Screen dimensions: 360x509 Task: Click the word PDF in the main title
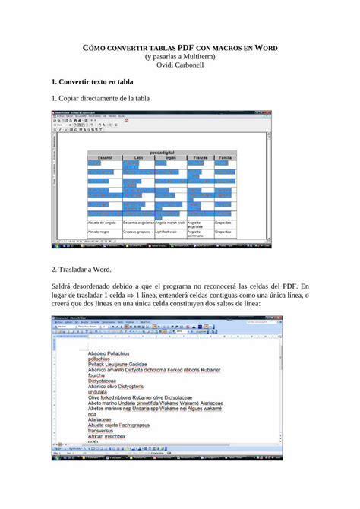186,47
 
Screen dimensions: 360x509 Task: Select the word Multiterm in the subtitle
200,57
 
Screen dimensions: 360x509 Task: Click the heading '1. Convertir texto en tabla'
92,81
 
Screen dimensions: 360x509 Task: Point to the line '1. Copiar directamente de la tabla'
100,98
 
